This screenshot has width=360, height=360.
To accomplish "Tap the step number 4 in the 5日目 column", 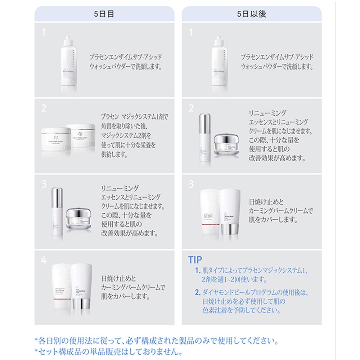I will (x=44, y=260).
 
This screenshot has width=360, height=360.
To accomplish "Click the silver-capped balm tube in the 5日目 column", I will (x=82, y=287).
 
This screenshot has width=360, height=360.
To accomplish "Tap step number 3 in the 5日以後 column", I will (x=191, y=184).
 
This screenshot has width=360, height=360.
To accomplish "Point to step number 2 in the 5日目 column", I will (x=44, y=108).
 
